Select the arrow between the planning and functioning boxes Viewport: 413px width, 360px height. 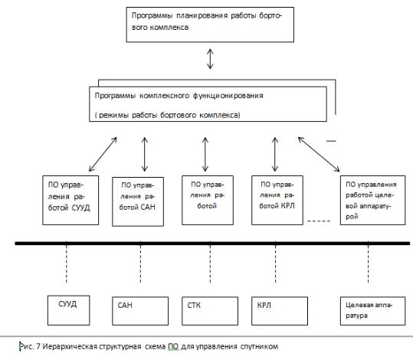tap(210, 59)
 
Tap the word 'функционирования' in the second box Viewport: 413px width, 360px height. tap(228, 96)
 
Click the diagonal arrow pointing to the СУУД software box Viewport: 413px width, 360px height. tap(103, 154)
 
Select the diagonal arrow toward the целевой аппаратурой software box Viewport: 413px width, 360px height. tap(319, 154)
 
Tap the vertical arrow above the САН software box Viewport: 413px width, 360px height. tap(145, 154)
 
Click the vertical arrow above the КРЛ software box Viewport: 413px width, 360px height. tap(275, 154)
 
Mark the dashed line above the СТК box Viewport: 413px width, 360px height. tap(210, 262)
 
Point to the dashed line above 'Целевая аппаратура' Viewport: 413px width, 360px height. tap(369, 262)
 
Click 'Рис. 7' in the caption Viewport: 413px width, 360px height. tap(30, 346)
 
